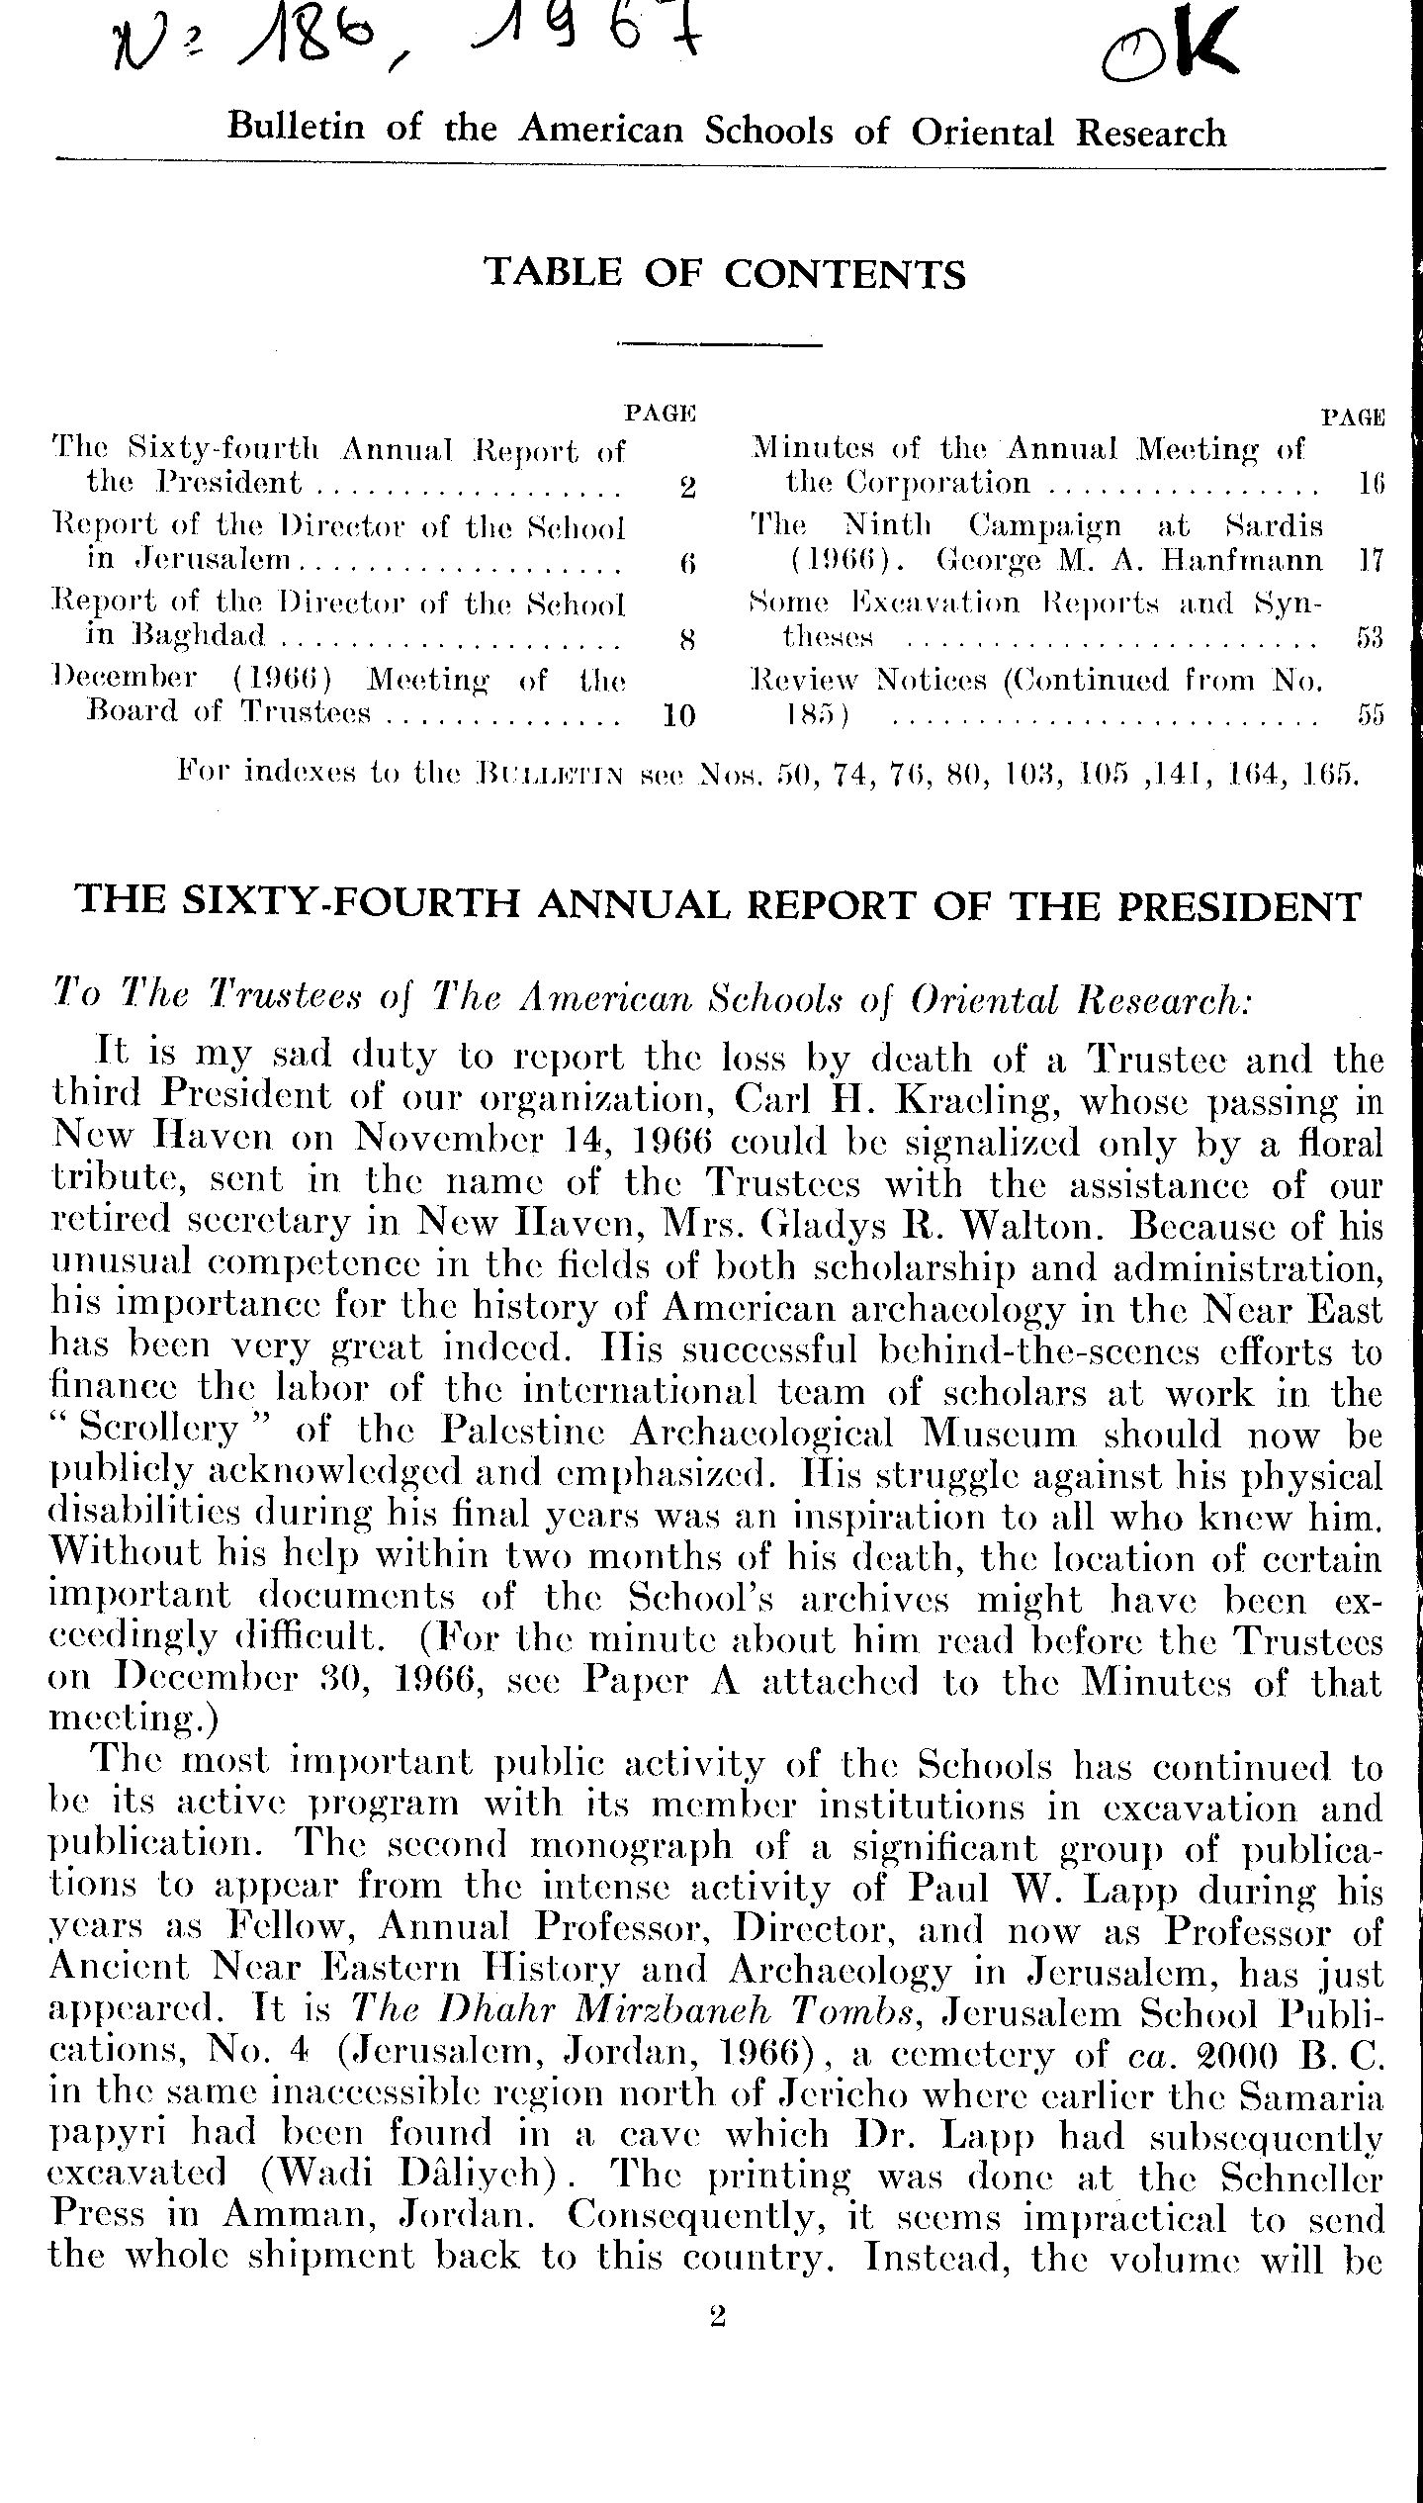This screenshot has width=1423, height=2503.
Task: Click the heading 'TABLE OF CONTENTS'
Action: point(724,273)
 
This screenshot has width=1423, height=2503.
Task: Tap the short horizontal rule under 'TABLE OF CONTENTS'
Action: point(720,344)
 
